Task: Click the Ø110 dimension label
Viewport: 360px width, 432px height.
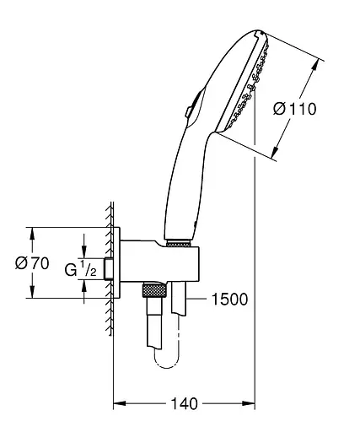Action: click(295, 109)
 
